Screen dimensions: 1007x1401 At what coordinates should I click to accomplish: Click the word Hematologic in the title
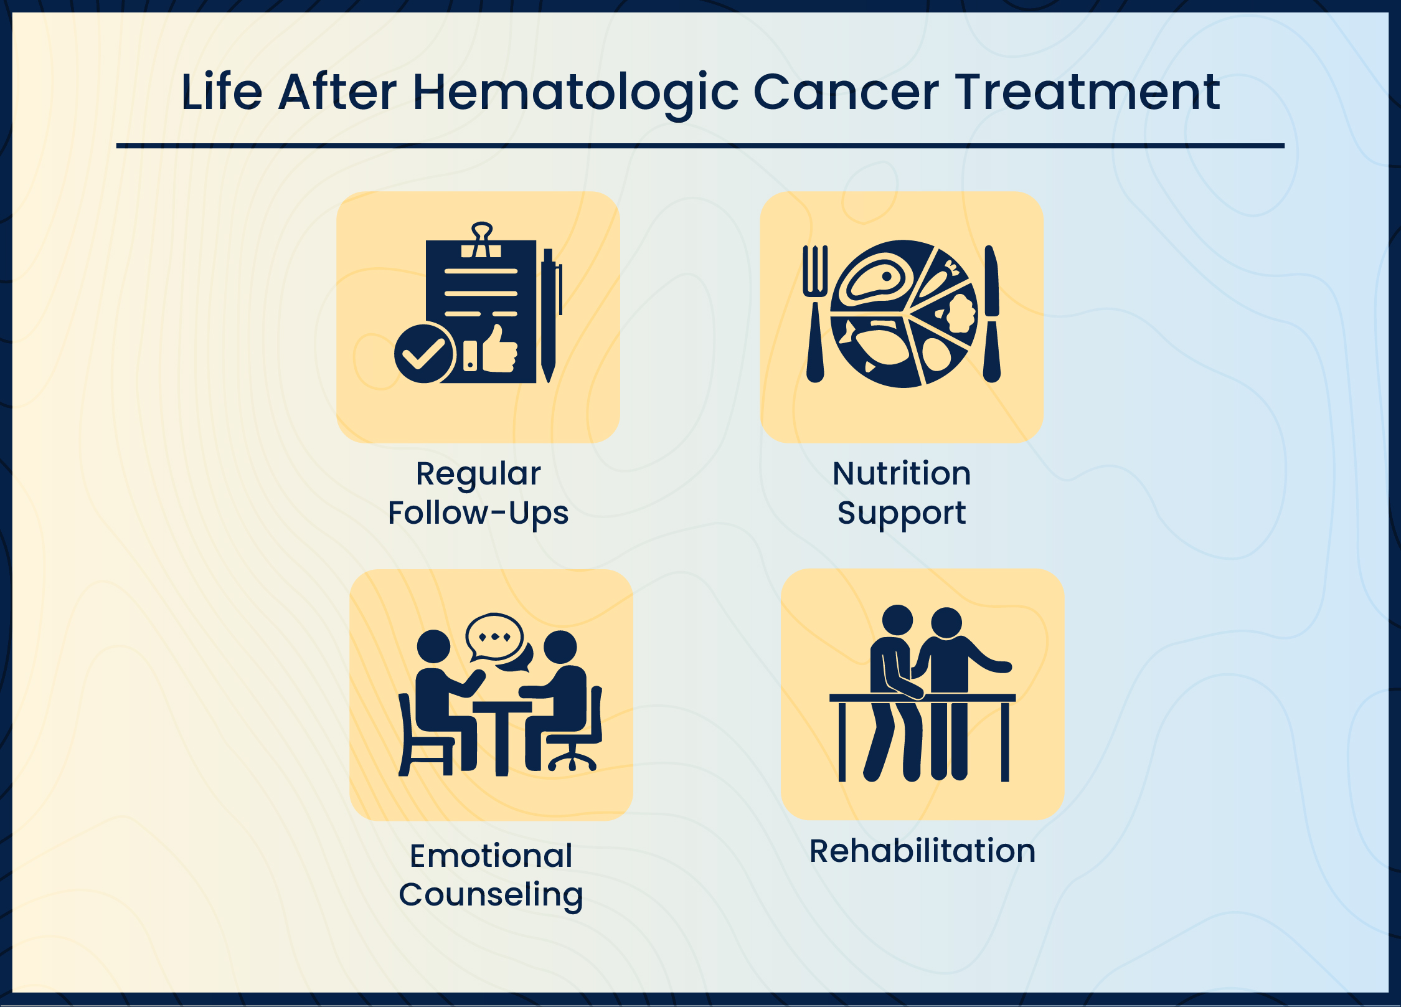[575, 92]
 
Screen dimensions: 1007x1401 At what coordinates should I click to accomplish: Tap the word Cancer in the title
[846, 92]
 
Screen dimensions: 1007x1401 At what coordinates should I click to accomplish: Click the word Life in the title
[222, 92]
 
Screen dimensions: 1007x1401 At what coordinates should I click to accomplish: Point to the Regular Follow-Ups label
[478, 493]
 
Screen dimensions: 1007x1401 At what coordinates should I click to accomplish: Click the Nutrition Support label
[902, 493]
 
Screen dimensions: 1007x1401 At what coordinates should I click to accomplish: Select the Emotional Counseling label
[491, 875]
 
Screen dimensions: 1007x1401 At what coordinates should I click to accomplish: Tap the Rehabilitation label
[922, 851]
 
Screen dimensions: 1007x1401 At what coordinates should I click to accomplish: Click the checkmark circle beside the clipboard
[424, 354]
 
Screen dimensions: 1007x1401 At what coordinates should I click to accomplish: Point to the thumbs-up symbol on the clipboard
[499, 350]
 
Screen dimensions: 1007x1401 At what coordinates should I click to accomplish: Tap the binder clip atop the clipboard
[481, 240]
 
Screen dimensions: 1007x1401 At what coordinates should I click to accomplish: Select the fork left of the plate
[815, 311]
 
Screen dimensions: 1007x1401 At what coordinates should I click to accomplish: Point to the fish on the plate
[879, 348]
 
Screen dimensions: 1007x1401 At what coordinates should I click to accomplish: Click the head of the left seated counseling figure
[433, 646]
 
